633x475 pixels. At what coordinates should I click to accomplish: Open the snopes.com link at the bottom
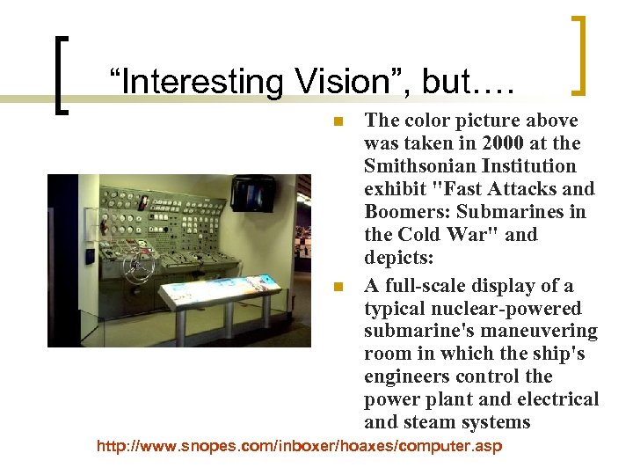[299, 446]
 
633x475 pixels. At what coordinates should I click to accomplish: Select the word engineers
[413, 377]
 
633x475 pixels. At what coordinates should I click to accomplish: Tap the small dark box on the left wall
[90, 256]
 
